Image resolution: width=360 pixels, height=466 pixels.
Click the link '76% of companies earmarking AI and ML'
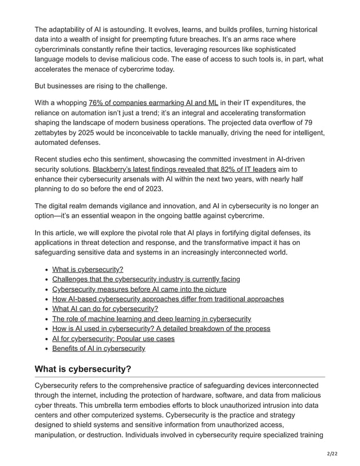click(x=153, y=103)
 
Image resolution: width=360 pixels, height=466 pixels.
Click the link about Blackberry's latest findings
click(x=184, y=169)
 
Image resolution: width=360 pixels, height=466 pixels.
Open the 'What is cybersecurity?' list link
click(x=87, y=269)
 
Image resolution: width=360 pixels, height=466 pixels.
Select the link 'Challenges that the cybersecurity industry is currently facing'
click(x=146, y=279)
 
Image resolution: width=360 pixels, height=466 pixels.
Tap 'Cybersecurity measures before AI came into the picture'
click(x=139, y=289)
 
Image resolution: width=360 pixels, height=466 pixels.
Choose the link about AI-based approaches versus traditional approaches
click(x=168, y=299)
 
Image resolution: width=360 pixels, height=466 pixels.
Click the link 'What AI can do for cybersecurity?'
click(x=105, y=309)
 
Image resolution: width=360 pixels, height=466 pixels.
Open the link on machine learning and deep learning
click(x=151, y=319)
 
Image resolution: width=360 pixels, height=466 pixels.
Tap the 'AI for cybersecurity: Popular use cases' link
click(x=113, y=338)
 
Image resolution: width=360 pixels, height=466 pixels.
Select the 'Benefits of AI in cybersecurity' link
click(x=98, y=349)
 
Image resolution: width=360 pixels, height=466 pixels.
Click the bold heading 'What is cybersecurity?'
click(x=83, y=370)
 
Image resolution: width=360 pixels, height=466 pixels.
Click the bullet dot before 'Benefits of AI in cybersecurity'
click(x=46, y=349)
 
